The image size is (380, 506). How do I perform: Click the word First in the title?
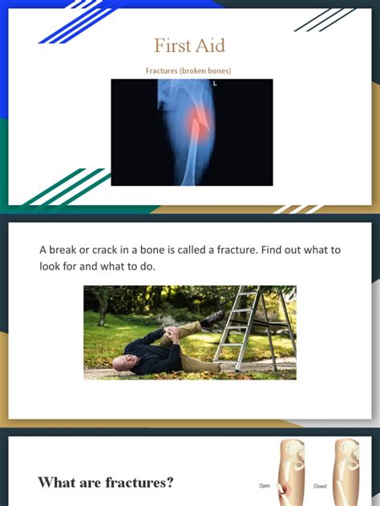[x=172, y=46]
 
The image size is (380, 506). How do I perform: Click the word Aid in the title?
[x=210, y=46]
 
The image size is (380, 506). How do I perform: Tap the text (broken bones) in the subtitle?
[x=205, y=71]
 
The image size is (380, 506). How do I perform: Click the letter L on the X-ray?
[x=215, y=82]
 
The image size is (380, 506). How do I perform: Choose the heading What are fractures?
[x=105, y=482]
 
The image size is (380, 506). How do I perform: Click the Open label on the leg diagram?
[x=265, y=485]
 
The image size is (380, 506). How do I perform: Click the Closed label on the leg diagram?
[x=319, y=485]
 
